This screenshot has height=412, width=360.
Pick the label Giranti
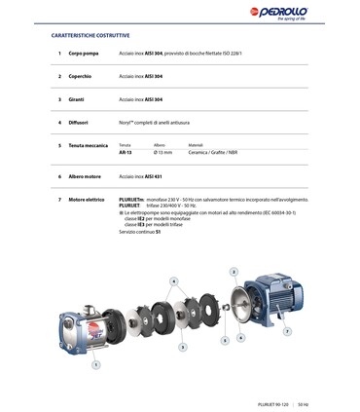[x=77, y=99]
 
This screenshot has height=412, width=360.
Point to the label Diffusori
[x=79, y=123]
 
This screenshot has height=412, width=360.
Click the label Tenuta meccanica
[x=89, y=145]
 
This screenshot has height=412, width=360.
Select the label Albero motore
[x=85, y=176]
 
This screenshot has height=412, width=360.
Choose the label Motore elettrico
[x=87, y=200]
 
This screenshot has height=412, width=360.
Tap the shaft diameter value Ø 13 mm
[x=162, y=153]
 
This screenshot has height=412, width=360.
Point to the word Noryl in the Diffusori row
[x=126, y=123]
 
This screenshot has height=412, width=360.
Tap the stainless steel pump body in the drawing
[x=82, y=330]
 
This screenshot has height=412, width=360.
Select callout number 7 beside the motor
[x=287, y=331]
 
